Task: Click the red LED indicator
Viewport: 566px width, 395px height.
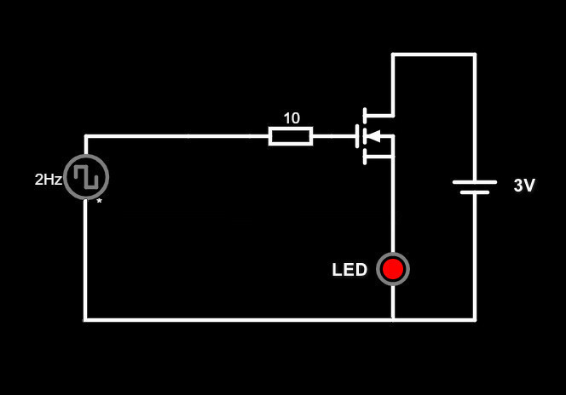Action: tap(393, 269)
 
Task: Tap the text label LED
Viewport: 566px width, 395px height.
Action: tap(349, 271)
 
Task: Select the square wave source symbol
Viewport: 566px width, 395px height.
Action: tap(86, 177)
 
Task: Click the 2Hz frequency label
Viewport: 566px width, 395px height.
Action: tap(48, 180)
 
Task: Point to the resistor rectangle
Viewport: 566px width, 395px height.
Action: tap(291, 135)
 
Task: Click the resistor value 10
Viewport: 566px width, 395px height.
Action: tap(292, 118)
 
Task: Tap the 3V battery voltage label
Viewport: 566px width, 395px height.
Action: tap(524, 186)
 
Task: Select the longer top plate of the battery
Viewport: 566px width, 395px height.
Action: tap(475, 180)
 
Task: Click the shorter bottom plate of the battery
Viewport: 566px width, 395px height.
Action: tap(475, 192)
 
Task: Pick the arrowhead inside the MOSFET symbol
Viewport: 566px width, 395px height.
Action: tap(373, 135)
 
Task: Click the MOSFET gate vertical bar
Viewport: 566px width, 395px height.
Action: tap(357, 135)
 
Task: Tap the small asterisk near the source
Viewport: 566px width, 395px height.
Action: tap(99, 202)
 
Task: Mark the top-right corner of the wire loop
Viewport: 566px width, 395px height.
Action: tap(475, 54)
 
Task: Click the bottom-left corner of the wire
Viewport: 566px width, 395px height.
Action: tap(85, 319)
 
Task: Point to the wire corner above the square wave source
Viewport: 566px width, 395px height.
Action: tap(85, 135)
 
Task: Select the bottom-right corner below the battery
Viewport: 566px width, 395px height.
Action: tap(475, 319)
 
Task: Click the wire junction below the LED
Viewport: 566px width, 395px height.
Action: tap(393, 319)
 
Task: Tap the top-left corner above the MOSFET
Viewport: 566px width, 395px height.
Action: tap(393, 54)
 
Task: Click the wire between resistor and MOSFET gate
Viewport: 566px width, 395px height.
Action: tap(333, 135)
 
